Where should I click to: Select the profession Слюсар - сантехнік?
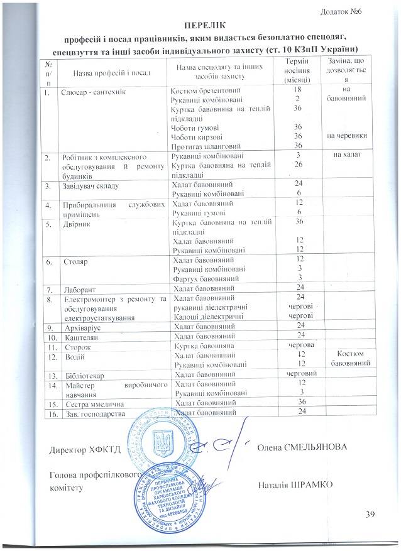94,92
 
